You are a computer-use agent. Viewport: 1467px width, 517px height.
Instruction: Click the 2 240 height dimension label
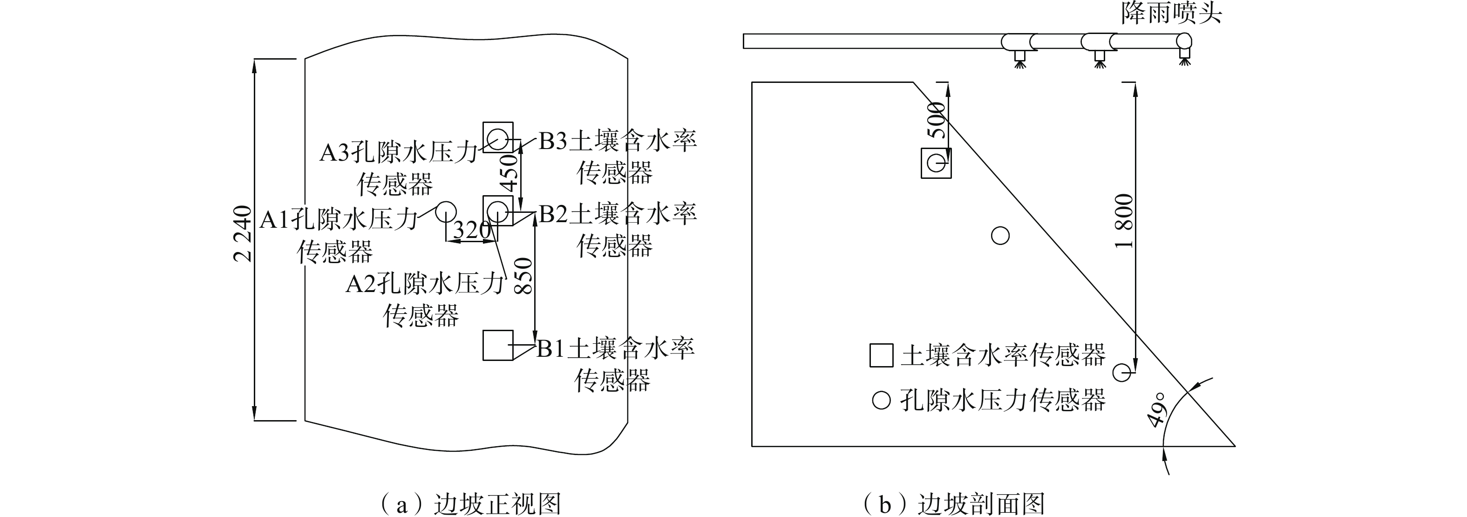coord(243,233)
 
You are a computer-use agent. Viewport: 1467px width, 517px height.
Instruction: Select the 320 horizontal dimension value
coord(471,231)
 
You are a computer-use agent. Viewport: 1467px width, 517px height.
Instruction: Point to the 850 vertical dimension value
coord(523,276)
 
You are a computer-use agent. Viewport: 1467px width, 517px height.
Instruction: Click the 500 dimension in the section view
coord(936,120)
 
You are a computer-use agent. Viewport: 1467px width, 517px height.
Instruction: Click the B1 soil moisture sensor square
coord(498,345)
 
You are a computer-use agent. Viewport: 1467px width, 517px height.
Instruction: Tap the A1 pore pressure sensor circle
coord(446,212)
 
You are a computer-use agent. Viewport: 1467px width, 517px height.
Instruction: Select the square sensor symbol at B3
coord(498,137)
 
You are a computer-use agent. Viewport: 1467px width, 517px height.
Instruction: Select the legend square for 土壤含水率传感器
coord(881,355)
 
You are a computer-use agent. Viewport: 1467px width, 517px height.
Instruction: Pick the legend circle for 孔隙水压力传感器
coord(881,400)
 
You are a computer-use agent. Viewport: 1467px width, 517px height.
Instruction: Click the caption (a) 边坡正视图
coord(470,503)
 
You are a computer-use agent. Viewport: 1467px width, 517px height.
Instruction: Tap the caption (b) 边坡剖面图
coord(953,503)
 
